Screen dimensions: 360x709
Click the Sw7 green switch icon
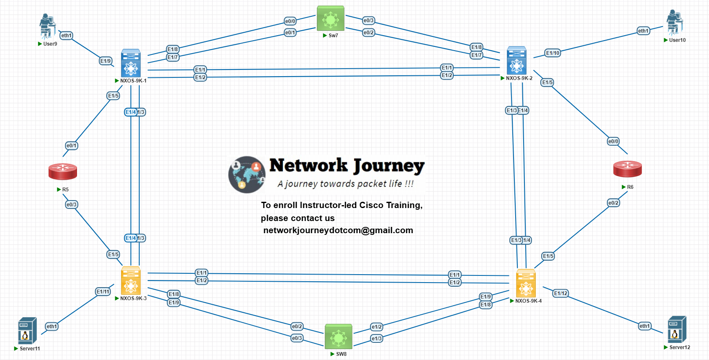[331, 18]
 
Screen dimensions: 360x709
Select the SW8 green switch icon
[339, 336]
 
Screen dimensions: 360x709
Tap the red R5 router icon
[63, 172]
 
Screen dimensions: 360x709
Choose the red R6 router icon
[627, 169]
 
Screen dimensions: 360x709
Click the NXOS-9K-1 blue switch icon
[131, 63]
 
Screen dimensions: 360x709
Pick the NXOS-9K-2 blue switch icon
[516, 61]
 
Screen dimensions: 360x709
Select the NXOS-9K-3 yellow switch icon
[131, 281]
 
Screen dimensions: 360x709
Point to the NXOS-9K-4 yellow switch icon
[526, 283]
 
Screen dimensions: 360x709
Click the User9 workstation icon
[47, 26]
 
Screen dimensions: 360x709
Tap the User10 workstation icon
[674, 23]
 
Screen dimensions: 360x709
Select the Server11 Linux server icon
[27, 331]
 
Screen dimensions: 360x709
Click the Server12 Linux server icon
[677, 329]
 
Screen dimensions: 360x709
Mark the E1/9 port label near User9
[105, 61]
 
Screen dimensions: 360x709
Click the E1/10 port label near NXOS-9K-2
[552, 53]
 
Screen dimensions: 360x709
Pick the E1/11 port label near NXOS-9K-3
[103, 292]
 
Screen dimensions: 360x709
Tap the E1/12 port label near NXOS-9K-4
[561, 293]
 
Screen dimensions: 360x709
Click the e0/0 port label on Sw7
[290, 21]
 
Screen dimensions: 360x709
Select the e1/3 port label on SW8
[377, 339]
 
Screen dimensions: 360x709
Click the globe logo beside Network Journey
[247, 175]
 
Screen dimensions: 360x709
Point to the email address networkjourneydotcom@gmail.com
[338, 231]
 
